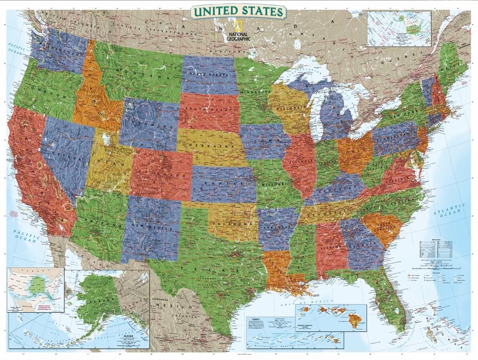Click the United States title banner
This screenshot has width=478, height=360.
[x=239, y=11]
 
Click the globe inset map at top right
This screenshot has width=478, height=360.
[x=399, y=29]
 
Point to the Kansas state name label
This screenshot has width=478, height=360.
[x=224, y=183]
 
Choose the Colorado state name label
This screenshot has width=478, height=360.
[x=161, y=173]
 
